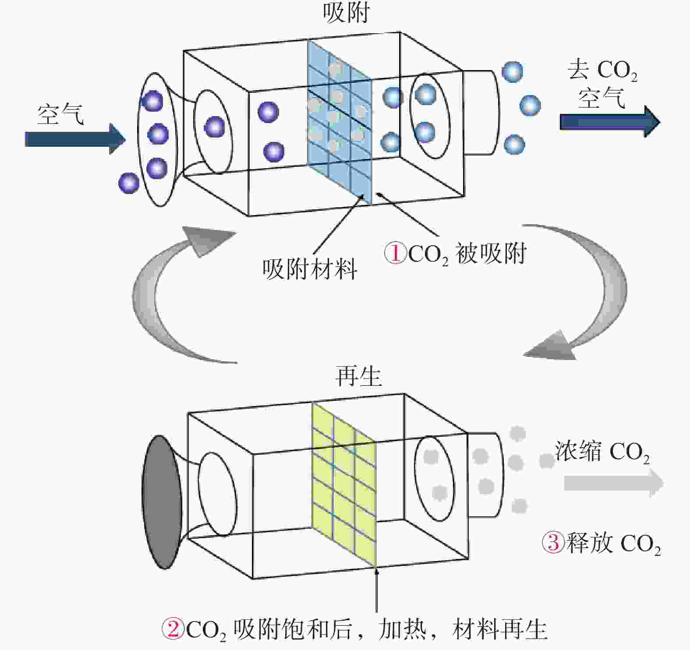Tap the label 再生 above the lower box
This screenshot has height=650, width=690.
358,376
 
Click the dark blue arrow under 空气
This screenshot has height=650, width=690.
75,139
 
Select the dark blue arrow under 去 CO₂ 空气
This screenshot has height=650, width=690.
610,121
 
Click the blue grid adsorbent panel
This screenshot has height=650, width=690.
340,123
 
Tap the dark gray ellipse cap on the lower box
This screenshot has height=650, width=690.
162,502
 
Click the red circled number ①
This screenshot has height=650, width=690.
395,253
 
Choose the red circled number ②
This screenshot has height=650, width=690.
173,629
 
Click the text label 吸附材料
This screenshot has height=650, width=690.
310,268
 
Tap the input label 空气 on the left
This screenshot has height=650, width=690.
60,114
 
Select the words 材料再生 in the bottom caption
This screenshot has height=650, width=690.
500,629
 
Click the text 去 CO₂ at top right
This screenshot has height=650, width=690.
602,70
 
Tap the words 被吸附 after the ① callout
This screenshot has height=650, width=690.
491,254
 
